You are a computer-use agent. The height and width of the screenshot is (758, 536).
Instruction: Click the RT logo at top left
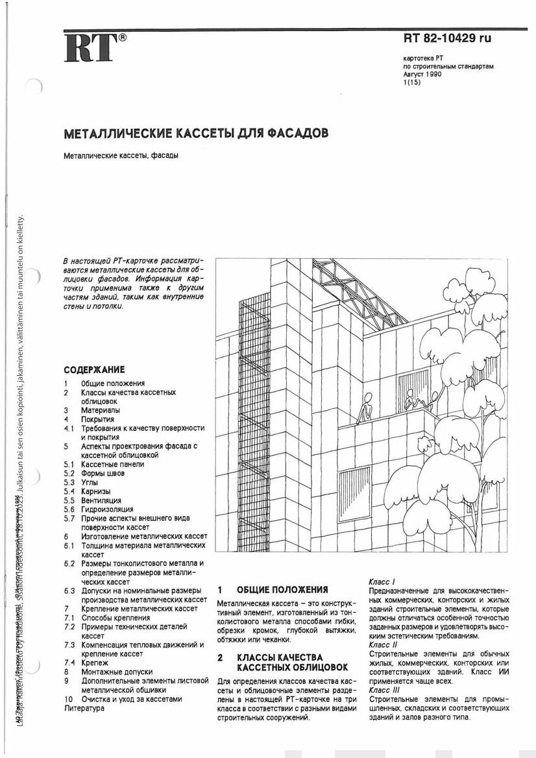[91, 49]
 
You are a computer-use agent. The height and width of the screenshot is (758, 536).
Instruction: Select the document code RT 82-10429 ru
[447, 38]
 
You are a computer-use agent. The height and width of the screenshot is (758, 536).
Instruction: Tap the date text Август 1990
[422, 75]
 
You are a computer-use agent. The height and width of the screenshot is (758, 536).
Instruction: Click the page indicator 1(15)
[411, 82]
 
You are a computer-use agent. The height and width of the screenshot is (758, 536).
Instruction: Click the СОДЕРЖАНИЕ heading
[94, 370]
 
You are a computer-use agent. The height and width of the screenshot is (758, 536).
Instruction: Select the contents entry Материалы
[101, 410]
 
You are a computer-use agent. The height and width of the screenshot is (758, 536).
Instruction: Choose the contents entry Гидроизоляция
[107, 509]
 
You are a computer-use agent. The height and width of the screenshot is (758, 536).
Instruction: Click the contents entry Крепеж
[95, 663]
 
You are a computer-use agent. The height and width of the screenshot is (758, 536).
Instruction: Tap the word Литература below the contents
[84, 708]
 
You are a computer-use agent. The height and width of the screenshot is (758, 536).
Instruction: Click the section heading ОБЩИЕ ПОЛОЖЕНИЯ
[282, 590]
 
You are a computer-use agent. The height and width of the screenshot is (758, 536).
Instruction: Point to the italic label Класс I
[382, 582]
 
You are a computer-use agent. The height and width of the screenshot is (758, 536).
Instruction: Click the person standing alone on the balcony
[365, 407]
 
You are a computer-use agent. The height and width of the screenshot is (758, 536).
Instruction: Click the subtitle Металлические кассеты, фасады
[121, 156]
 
